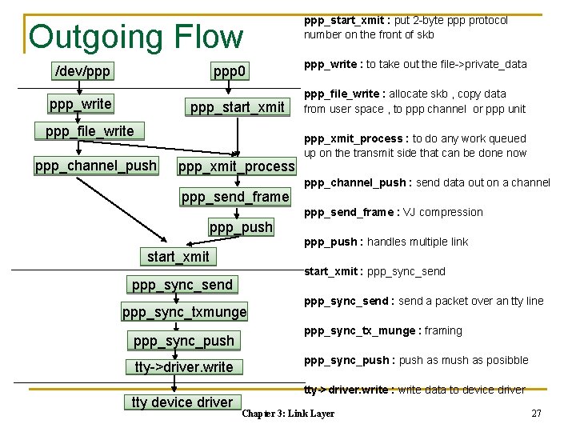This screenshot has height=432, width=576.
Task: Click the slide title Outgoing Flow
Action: [x=136, y=37]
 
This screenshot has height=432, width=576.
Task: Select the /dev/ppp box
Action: [x=82, y=72]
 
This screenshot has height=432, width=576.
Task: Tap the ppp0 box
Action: [x=230, y=73]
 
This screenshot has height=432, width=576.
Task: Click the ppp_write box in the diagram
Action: [x=80, y=104]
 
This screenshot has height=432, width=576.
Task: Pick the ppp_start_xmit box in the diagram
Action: [x=237, y=107]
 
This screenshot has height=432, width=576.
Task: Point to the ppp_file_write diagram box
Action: [x=90, y=131]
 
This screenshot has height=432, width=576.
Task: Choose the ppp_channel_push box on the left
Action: [x=96, y=166]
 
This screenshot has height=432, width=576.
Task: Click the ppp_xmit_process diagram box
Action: [x=236, y=167]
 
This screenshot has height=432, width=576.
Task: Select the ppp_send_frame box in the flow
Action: [x=235, y=197]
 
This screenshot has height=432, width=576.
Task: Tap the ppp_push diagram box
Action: [x=241, y=227]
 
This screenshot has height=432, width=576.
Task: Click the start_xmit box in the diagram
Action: [x=178, y=257]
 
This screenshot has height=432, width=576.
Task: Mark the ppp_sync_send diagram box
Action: [x=182, y=285]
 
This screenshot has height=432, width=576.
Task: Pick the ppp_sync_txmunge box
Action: [x=185, y=312]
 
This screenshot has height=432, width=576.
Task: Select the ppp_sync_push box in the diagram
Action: [x=184, y=341]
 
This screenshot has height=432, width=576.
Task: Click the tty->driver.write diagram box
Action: [x=184, y=367]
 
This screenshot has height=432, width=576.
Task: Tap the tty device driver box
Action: [x=182, y=402]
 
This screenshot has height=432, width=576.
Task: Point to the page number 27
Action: [x=536, y=414]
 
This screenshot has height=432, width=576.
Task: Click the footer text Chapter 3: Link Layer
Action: [x=288, y=414]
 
